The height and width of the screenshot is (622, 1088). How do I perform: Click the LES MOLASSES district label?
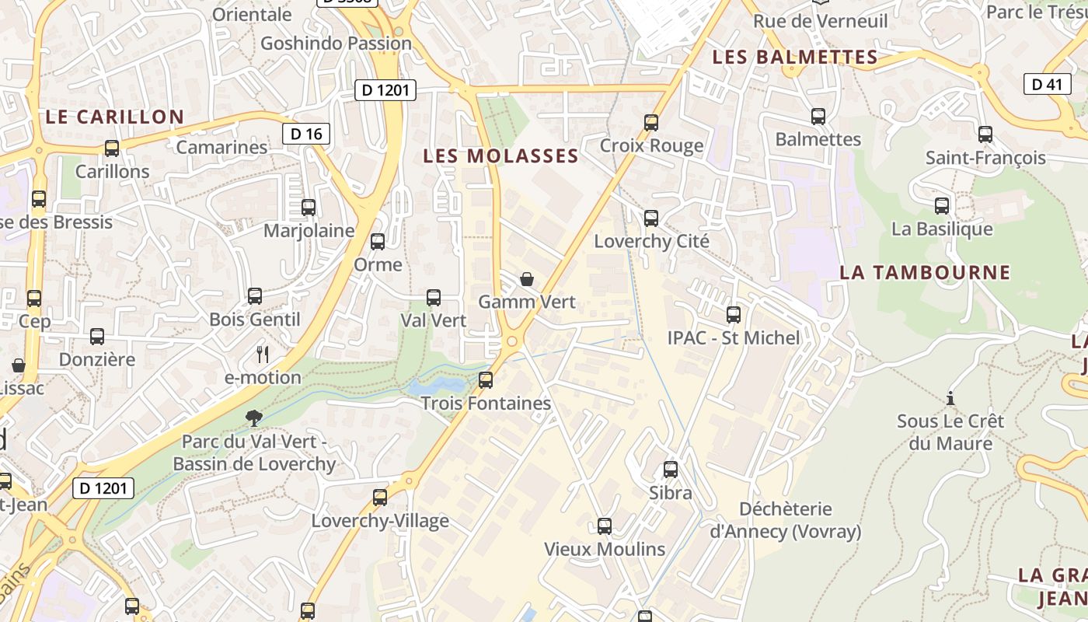[500, 155]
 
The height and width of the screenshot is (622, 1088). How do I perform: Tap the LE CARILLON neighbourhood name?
[114, 117]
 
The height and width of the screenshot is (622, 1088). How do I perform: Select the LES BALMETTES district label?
[795, 57]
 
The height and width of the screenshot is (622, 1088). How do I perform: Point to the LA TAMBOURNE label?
[925, 272]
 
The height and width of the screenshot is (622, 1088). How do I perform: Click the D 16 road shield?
[306, 134]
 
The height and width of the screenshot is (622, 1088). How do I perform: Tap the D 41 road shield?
[1047, 84]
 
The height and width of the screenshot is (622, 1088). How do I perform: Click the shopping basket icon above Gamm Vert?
[527, 278]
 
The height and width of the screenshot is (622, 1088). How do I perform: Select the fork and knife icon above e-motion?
[263, 355]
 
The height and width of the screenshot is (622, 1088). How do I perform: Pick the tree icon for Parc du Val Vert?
[253, 418]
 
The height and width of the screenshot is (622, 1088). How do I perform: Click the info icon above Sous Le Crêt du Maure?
[950, 399]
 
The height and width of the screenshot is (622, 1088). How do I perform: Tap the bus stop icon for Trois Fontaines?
[486, 380]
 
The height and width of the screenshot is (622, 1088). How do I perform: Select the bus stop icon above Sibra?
[670, 470]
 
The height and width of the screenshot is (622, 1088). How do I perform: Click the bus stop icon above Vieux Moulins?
[605, 526]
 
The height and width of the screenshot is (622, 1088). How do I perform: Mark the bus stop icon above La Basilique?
[942, 206]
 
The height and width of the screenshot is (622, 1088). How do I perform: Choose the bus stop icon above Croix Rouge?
[651, 123]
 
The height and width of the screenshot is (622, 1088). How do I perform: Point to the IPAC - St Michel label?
[733, 337]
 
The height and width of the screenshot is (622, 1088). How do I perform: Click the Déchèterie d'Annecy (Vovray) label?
[785, 520]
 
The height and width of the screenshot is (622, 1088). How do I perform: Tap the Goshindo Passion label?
[336, 43]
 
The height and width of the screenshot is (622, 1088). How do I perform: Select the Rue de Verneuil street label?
[820, 21]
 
